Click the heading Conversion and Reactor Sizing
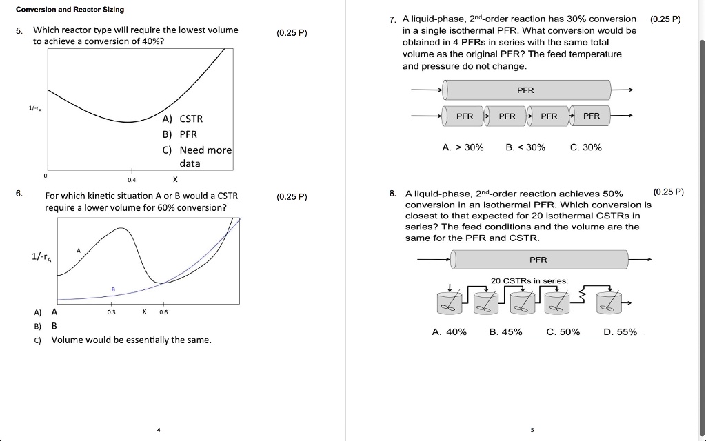pyautogui.click(x=70, y=10)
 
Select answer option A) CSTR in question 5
pyautogui.click(x=183, y=119)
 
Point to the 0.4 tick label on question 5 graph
pyautogui.click(x=132, y=180)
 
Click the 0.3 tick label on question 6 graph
pyautogui.click(x=112, y=311)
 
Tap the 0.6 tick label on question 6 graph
pyautogui.click(x=163, y=311)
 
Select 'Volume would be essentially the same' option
pyautogui.click(x=131, y=340)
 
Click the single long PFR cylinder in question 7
pyautogui.click(x=526, y=90)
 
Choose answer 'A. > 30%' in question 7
pyautogui.click(x=463, y=147)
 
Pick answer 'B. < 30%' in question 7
pyautogui.click(x=525, y=147)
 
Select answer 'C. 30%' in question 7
pyautogui.click(x=586, y=147)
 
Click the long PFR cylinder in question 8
pyautogui.click(x=538, y=260)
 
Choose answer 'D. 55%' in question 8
pyautogui.click(x=620, y=332)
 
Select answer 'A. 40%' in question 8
pyautogui.click(x=450, y=332)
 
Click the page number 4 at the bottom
pyautogui.click(x=158, y=430)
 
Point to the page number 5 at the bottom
pyautogui.click(x=532, y=430)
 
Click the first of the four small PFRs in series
pyautogui.click(x=465, y=116)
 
